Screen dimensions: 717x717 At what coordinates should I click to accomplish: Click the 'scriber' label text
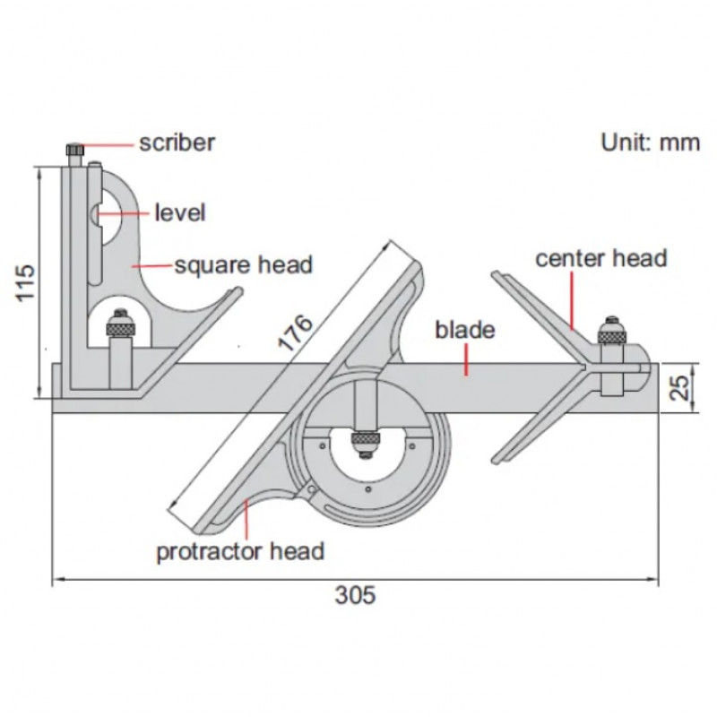tap(177, 143)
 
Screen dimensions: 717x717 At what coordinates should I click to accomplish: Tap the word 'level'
tap(180, 213)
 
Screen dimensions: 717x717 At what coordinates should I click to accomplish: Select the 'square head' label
tap(244, 265)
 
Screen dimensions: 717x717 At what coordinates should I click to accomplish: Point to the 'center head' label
tap(601, 258)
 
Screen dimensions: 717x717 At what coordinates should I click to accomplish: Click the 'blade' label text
tap(464, 330)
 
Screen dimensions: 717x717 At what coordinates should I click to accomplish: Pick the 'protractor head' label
tap(240, 551)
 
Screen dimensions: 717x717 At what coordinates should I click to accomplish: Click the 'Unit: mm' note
tap(651, 143)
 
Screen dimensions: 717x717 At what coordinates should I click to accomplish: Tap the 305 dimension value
tap(355, 595)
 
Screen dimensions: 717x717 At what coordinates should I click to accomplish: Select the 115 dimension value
tap(25, 282)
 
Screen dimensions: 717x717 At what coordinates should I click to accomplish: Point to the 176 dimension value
tap(297, 333)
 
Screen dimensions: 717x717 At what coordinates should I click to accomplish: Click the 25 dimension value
tap(682, 388)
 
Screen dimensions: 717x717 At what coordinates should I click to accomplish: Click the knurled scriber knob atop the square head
tap(75, 150)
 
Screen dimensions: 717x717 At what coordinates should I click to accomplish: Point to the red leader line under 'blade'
tap(466, 360)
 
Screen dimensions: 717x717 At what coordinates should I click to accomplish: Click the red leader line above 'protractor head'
tap(246, 520)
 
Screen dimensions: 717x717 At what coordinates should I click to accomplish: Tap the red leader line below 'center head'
tap(572, 300)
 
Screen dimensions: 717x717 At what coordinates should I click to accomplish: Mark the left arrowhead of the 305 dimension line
tap(57, 580)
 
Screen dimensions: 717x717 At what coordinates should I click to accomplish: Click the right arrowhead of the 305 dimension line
tap(653, 579)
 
